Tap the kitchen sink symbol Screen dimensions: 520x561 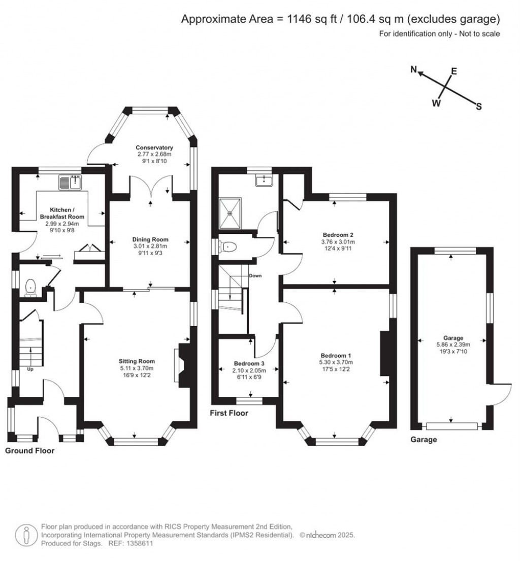(71, 182)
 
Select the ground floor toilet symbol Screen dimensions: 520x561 (31, 287)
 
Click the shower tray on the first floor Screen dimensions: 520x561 (231, 213)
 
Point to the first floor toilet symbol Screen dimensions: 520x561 (227, 247)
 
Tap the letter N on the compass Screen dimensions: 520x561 (414, 70)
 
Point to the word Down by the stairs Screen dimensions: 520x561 (255, 276)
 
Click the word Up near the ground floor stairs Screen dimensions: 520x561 (30, 369)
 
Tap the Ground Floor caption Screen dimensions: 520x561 (29, 451)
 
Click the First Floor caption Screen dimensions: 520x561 (229, 413)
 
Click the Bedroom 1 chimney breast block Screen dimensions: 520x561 (384, 354)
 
